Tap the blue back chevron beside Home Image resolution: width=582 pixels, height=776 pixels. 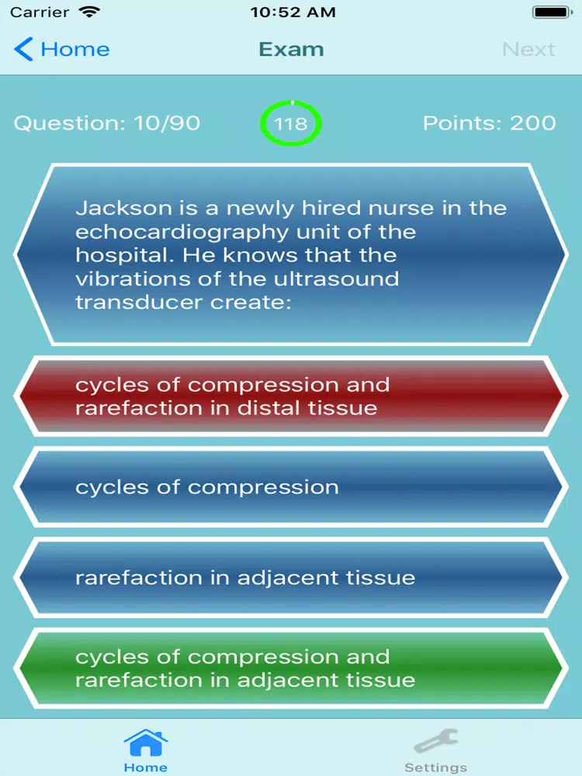tap(23, 49)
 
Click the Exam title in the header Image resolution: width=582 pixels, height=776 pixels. tap(291, 49)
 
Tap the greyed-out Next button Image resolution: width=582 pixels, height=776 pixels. tap(528, 49)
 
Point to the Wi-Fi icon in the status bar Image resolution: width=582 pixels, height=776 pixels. tap(89, 12)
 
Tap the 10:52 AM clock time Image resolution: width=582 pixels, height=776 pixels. tap(293, 12)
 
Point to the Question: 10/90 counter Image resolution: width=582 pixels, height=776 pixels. tap(107, 123)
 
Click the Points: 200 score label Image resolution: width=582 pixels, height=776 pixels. tap(489, 123)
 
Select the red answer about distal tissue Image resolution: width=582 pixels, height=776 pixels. tap(291, 397)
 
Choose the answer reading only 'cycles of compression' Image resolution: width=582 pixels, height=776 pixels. tap(291, 487)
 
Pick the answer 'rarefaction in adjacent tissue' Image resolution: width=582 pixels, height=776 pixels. tap(291, 577)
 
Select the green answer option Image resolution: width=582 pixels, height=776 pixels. tap(291, 668)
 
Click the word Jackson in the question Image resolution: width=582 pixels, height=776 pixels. tap(123, 208)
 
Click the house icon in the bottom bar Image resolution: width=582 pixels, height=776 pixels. tap(146, 743)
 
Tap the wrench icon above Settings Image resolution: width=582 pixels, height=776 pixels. tap(436, 741)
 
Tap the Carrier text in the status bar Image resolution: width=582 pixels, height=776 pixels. tap(40, 12)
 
